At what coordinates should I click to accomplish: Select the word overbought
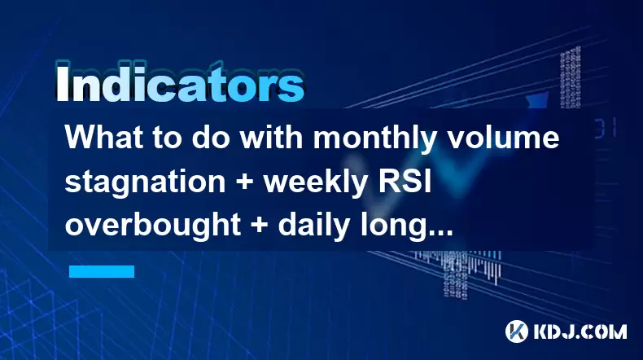point(152,225)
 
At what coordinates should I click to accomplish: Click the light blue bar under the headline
point(102,272)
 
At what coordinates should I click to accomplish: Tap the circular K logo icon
point(517,331)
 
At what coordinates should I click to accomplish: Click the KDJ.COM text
point(580,331)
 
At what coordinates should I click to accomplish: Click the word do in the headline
point(207,137)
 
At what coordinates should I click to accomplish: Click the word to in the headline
point(167,138)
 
